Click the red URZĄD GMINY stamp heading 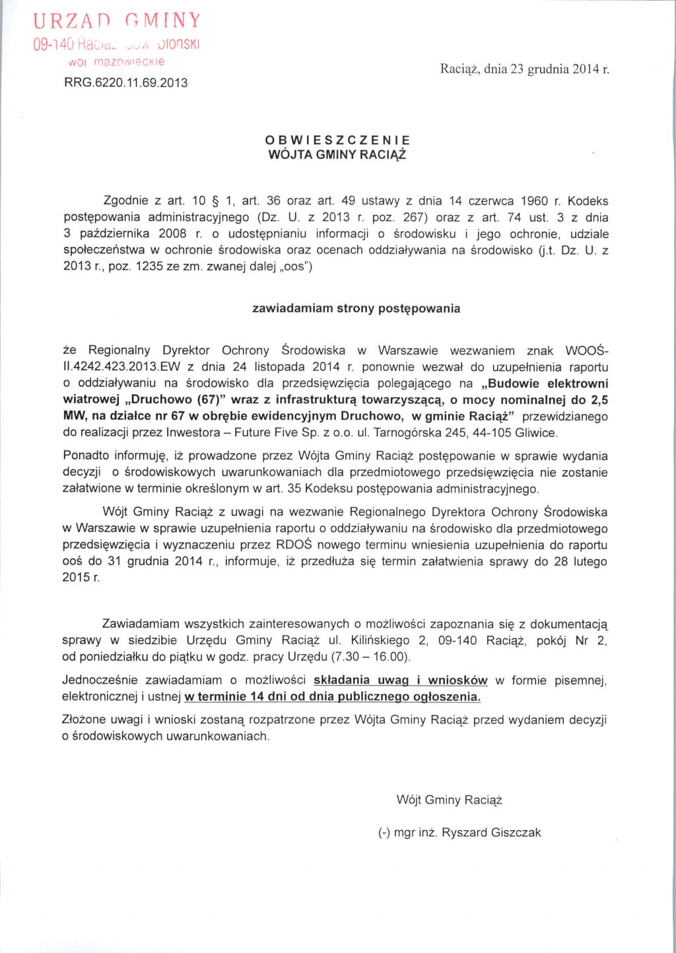click(117, 21)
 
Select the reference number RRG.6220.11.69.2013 click(125, 83)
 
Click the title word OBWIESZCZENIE click(337, 140)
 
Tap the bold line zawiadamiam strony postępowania click(356, 308)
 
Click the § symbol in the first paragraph click(217, 201)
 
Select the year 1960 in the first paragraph click(534, 201)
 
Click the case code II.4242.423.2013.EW click(118, 367)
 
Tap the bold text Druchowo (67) click(174, 400)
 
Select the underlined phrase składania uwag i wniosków click(400, 680)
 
